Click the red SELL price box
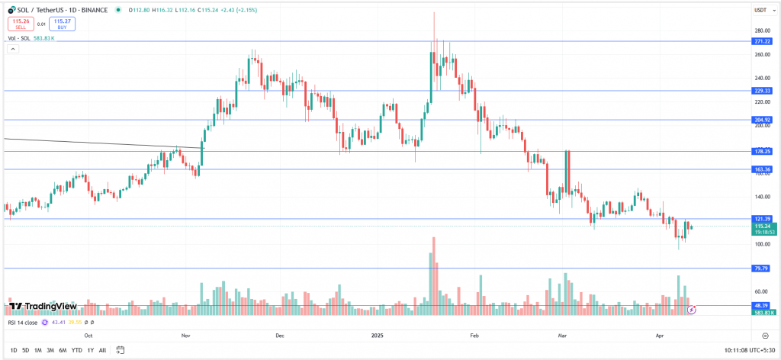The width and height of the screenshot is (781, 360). point(21,23)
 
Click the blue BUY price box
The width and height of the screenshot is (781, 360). point(62,23)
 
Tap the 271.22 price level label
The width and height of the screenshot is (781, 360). point(763,41)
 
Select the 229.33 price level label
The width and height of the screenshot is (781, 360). point(763,90)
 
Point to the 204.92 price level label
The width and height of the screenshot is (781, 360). point(763,120)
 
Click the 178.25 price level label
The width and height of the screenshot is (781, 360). point(763,151)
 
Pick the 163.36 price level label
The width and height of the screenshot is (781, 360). point(763,169)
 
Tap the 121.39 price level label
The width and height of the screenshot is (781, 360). point(763,219)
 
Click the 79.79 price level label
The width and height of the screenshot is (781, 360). point(763,268)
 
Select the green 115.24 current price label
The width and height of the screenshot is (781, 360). point(763,227)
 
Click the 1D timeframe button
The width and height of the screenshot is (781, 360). point(12,350)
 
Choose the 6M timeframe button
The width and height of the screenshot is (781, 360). point(63,350)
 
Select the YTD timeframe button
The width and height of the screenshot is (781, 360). point(77,350)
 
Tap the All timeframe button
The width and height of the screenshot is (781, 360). point(102,350)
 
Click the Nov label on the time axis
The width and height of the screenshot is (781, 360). point(185,335)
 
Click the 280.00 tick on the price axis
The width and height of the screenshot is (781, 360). point(760,31)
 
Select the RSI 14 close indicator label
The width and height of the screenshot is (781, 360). point(23,323)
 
